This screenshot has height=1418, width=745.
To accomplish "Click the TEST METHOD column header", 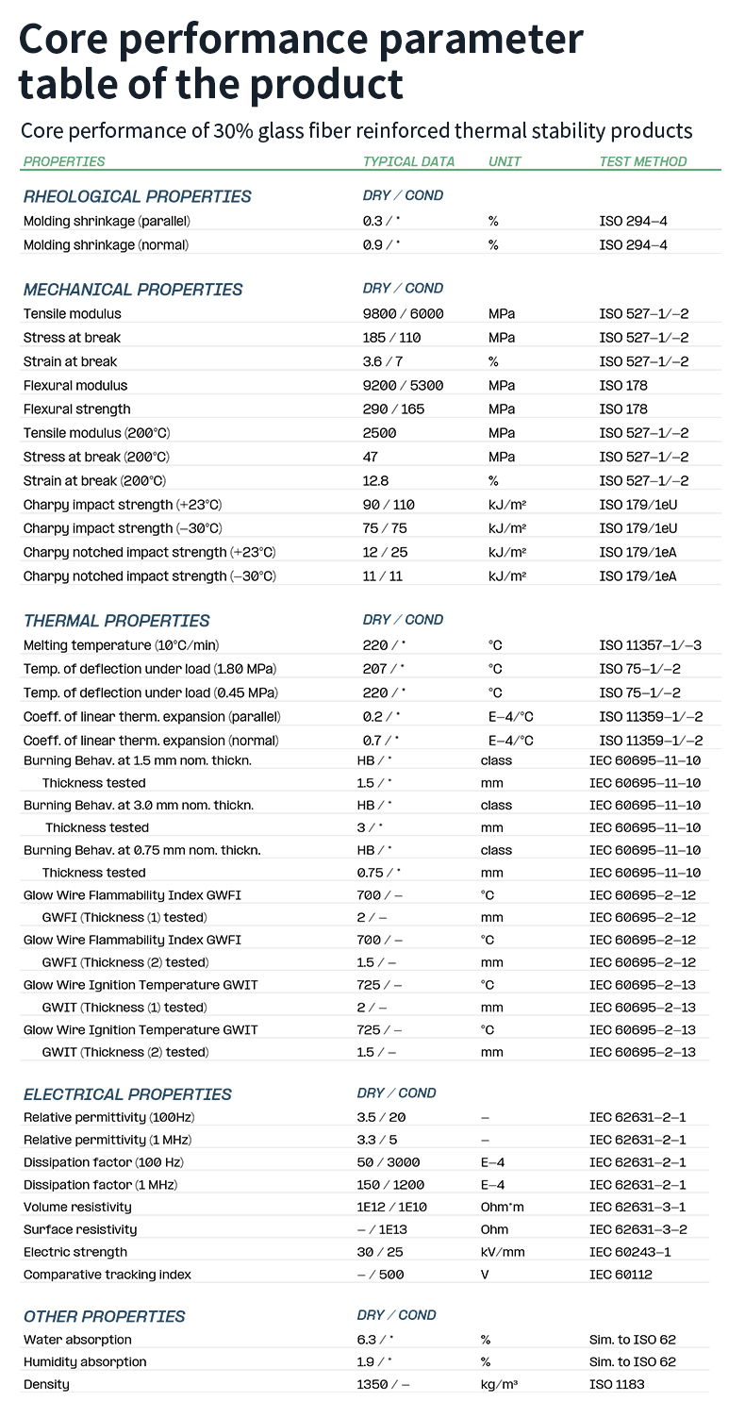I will point(643,161).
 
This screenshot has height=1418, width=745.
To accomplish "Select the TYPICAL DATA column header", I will point(408,161).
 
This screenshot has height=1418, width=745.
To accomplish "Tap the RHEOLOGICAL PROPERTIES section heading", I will point(138,196).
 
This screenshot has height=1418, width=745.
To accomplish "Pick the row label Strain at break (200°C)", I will point(97,481).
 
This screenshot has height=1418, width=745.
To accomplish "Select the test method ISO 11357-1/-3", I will point(651,645).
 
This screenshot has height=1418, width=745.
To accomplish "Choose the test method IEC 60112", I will point(621,1275).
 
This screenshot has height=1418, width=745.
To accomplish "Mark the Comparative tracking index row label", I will point(108,1275).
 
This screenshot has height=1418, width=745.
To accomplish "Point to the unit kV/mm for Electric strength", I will point(503,1252).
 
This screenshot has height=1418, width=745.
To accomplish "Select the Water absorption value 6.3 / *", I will point(375,1339).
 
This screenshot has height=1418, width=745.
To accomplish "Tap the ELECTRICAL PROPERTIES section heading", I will point(127,1094).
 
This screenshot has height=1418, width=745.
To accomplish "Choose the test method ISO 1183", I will point(618,1384).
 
